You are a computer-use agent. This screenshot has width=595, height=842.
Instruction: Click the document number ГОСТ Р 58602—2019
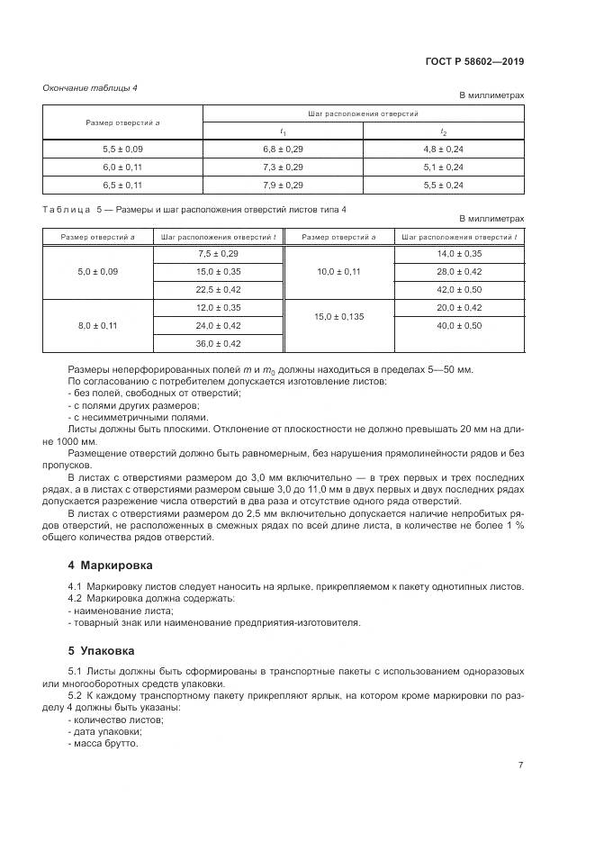click(x=473, y=62)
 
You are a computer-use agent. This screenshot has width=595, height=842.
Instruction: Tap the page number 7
click(x=520, y=765)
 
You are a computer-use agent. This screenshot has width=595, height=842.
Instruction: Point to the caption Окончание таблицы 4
click(x=90, y=87)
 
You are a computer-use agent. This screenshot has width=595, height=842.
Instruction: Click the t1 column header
click(x=283, y=131)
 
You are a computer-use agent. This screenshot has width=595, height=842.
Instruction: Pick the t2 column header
click(x=443, y=131)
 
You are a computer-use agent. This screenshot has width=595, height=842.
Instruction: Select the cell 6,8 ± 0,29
click(x=283, y=149)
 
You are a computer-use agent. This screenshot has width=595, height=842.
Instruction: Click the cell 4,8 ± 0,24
click(x=443, y=149)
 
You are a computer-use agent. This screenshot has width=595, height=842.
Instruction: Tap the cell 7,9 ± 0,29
click(x=283, y=185)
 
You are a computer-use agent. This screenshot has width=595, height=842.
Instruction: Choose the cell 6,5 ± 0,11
click(x=122, y=185)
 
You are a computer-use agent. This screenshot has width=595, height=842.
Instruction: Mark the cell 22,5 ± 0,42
click(x=218, y=289)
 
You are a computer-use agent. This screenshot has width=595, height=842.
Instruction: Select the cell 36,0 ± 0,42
click(x=218, y=343)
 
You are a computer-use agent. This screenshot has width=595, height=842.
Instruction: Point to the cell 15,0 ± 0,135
click(x=338, y=316)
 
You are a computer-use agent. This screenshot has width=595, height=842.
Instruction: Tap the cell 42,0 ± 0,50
click(x=459, y=289)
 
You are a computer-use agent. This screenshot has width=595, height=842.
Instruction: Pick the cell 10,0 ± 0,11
click(x=338, y=271)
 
